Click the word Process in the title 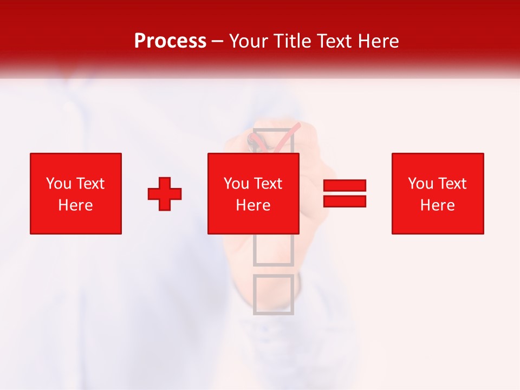pos(170,41)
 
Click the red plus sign pos(165,194)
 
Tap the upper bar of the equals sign pos(344,185)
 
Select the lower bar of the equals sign pos(344,201)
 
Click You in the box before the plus pos(58,184)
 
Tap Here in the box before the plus pos(75,205)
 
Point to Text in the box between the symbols pos(268,184)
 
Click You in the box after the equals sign pos(420,184)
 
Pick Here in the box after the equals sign pos(438,205)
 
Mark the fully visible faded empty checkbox pos(274,294)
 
